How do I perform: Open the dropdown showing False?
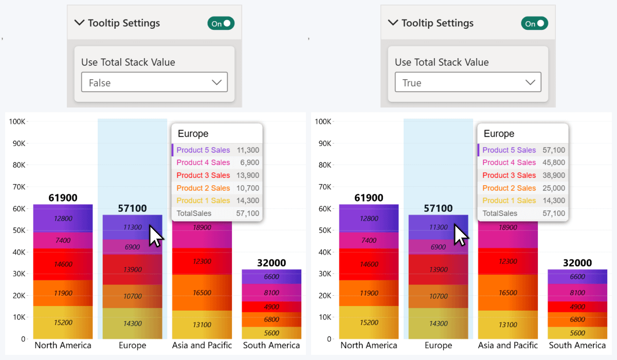click(154, 82)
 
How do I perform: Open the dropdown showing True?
click(468, 82)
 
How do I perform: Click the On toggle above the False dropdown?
click(221, 23)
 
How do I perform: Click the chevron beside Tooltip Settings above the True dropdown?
click(393, 23)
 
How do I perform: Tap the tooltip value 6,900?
click(249, 163)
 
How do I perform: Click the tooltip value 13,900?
click(248, 175)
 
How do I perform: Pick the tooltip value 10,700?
click(248, 188)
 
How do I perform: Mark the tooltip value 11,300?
click(248, 150)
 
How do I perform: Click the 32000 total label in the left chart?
click(271, 263)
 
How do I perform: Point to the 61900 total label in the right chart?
click(369, 198)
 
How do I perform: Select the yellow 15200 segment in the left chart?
click(63, 322)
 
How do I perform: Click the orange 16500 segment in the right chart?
click(508, 293)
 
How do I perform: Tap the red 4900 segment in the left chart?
click(271, 307)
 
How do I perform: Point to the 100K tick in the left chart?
click(17, 121)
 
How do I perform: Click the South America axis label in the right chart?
click(577, 345)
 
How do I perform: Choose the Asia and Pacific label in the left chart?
click(202, 345)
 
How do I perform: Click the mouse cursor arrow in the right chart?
click(461, 236)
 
